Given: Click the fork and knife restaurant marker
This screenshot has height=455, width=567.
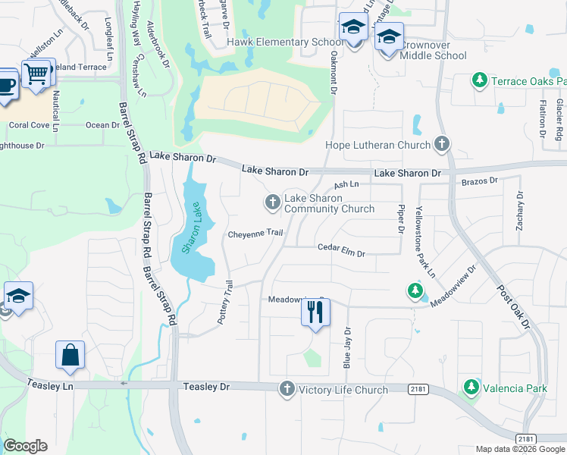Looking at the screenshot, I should pyautogui.click(x=315, y=311).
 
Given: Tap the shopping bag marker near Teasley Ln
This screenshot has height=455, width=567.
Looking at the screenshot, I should pyautogui.click(x=70, y=355).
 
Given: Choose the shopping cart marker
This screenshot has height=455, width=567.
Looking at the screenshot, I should pyautogui.click(x=36, y=74).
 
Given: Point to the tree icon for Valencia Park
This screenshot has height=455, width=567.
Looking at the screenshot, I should pyautogui.click(x=471, y=388).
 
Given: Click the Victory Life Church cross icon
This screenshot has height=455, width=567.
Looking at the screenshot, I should pyautogui.click(x=287, y=389).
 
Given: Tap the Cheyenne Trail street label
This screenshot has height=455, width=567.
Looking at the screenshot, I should pyautogui.click(x=255, y=234).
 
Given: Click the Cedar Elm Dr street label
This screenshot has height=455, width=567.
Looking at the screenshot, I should pyautogui.click(x=341, y=247).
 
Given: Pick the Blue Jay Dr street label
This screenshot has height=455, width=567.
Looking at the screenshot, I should pyautogui.click(x=348, y=347).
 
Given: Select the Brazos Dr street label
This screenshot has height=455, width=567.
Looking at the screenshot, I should pyautogui.click(x=479, y=182).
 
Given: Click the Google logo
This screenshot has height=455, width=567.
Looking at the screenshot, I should pyautogui.click(x=25, y=446).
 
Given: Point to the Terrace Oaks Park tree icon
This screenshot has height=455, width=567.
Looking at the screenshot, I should pyautogui.click(x=479, y=80).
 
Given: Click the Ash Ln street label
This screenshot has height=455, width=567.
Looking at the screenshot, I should pyautogui.click(x=346, y=184).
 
